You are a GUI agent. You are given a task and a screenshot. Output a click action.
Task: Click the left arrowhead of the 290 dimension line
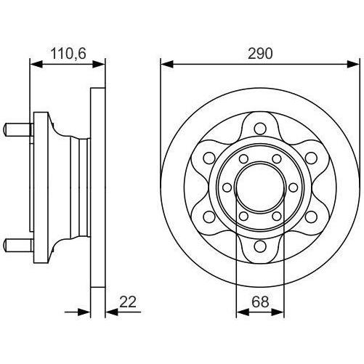[165, 65]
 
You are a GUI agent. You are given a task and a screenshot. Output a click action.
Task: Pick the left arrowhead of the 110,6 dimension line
[33, 65]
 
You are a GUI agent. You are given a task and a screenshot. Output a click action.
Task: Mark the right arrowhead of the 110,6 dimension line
[101, 65]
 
